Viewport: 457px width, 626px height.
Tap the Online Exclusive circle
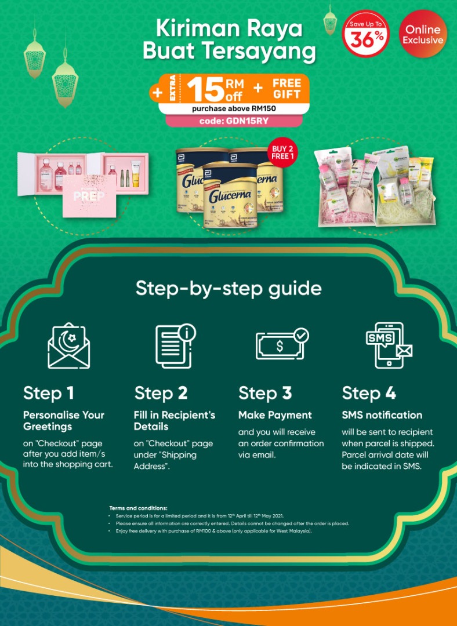[423, 34]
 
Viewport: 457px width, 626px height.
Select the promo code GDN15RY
[234, 121]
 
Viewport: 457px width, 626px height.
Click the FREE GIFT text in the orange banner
[286, 89]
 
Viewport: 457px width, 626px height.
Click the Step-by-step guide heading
[228, 288]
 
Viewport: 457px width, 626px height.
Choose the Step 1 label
[49, 393]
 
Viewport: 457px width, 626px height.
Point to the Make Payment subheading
[275, 415]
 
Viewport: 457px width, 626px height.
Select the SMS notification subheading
[382, 415]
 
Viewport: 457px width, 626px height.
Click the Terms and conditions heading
[138, 508]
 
